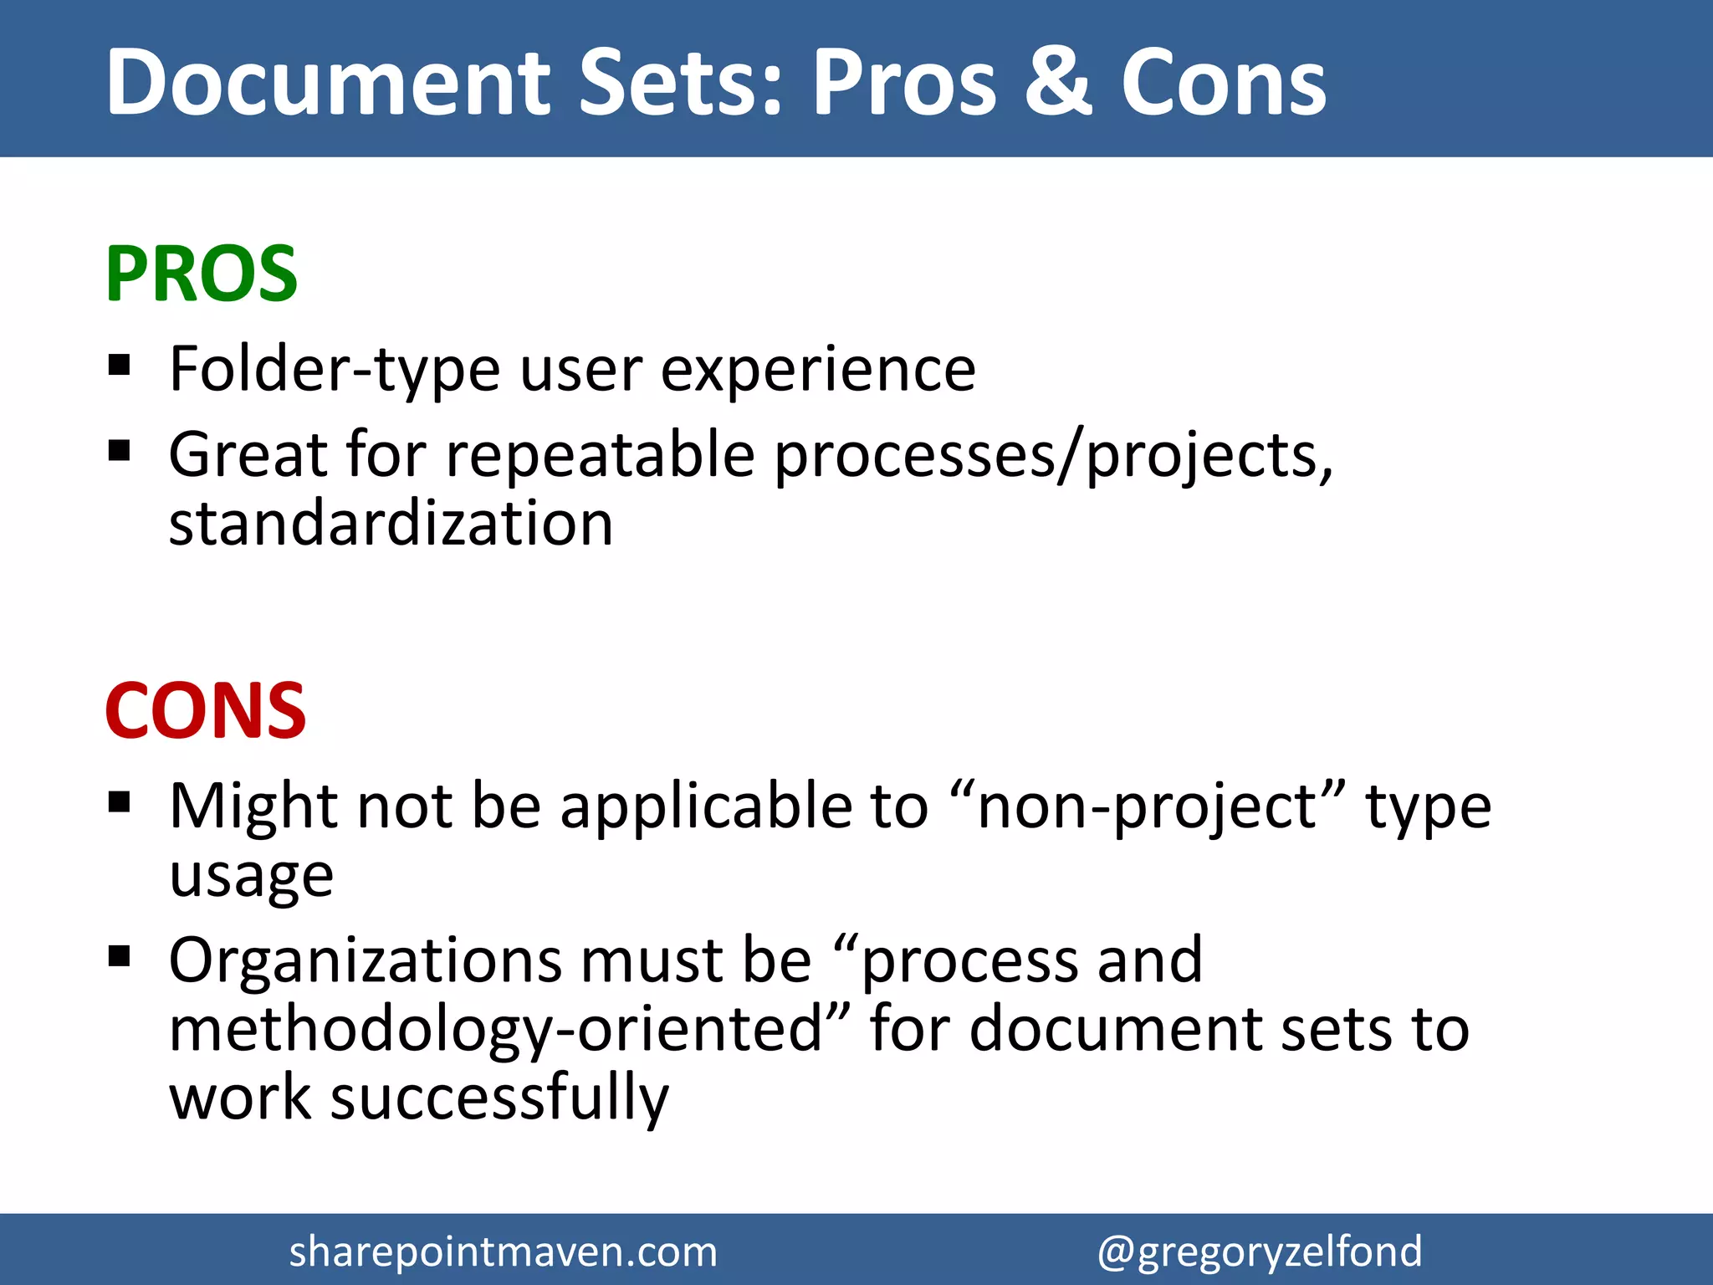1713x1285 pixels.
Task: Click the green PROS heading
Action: [x=201, y=274]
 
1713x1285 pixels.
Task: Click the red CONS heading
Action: [x=206, y=710]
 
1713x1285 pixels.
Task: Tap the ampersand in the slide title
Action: [x=1058, y=82]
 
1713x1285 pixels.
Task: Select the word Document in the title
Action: [x=327, y=82]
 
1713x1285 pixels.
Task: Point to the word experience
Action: [x=818, y=369]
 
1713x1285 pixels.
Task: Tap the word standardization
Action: [x=391, y=524]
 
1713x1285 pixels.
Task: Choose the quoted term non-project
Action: [x=1150, y=806]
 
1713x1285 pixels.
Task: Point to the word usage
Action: [x=251, y=876]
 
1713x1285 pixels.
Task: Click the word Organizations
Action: [x=365, y=960]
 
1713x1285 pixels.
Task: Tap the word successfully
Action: [x=499, y=1098]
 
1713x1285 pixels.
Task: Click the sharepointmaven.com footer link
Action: [x=503, y=1252]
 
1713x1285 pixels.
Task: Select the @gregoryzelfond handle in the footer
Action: [x=1259, y=1252]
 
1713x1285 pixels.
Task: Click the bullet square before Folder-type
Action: [x=120, y=366]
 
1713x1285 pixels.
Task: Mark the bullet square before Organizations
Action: [x=120, y=955]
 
